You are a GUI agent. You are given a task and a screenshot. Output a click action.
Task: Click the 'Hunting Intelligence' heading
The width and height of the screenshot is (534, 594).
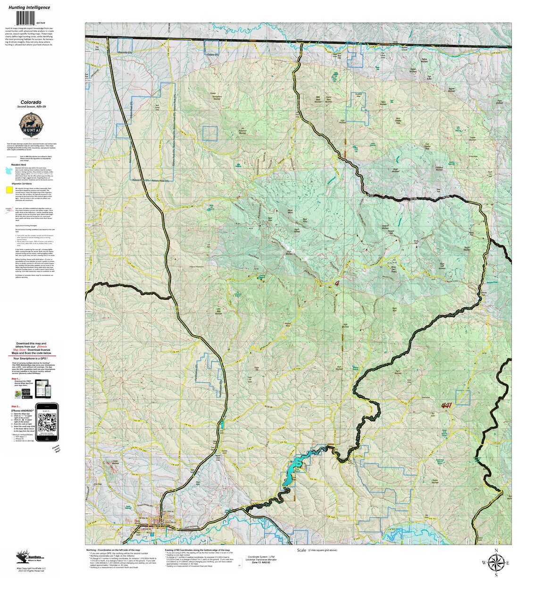29,8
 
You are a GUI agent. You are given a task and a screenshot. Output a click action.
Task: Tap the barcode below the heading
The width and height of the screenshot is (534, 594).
28,18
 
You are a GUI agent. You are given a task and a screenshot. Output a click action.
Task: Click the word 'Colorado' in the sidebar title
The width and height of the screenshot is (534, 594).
31,102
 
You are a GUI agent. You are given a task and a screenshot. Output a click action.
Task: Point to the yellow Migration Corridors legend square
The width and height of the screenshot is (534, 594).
9,190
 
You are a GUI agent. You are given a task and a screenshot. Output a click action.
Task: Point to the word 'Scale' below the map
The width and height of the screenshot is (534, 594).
302,551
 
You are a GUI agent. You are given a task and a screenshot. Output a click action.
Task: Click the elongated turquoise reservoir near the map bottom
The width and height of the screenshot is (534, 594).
302,465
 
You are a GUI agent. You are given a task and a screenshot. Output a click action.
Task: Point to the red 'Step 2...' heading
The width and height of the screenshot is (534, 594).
16,406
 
